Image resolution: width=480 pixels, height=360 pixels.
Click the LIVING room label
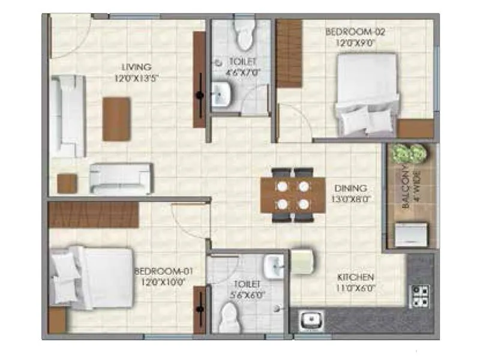coord(136,67)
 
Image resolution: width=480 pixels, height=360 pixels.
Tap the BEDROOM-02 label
coord(350,31)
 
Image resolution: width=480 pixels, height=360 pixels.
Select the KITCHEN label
coord(356,277)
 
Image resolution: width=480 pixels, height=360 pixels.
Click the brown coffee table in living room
coord(116,119)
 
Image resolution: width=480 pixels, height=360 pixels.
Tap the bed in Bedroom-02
coord(366,93)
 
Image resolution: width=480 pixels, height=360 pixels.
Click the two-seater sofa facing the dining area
coord(121,178)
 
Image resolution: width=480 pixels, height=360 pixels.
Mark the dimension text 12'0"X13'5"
coord(136,77)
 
